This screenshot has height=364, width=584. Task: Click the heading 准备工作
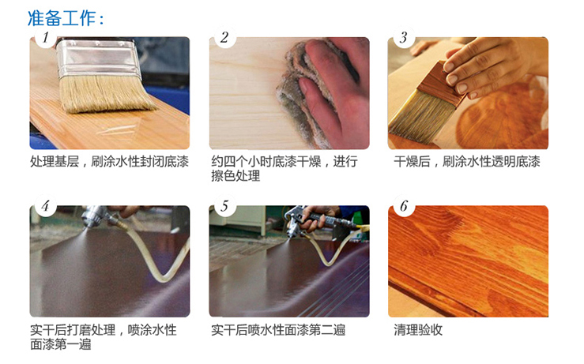tap(62, 18)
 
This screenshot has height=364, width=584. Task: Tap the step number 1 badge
tap(45, 37)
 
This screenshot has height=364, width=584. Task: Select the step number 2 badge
tap(224, 37)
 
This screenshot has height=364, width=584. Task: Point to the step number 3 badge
tap(404, 37)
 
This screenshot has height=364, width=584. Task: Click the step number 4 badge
tap(45, 206)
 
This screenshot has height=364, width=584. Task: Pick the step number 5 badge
tap(224, 206)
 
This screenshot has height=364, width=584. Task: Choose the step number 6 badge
tap(404, 206)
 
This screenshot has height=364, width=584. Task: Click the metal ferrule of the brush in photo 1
tap(98, 58)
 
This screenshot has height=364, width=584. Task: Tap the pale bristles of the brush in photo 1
tap(105, 93)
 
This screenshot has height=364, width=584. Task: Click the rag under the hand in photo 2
tap(298, 93)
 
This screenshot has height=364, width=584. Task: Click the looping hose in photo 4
tap(156, 257)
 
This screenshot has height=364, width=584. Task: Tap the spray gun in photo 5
tap(317, 222)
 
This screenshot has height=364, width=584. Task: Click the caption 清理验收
tap(418, 330)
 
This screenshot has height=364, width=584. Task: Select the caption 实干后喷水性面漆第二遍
tap(278, 330)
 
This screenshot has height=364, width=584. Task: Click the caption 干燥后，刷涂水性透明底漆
tap(467, 162)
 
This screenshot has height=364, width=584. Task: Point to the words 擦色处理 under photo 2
tap(235, 175)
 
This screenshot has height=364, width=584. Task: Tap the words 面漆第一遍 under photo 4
tap(61, 344)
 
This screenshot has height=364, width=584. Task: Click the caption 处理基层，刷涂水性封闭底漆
tap(110, 162)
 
